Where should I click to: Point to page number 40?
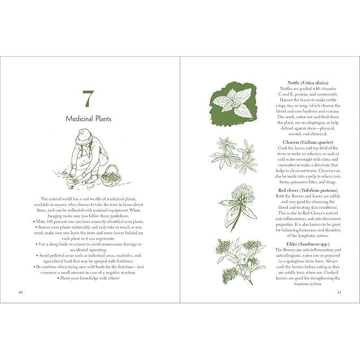(x=21, y=292)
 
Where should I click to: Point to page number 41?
(x=339, y=292)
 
